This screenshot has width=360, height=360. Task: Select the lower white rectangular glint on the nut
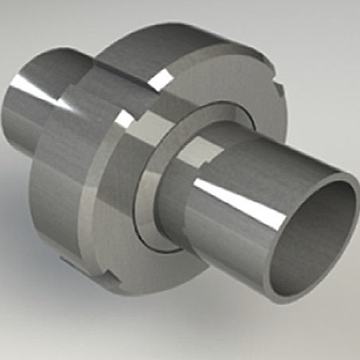tap(126, 119)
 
